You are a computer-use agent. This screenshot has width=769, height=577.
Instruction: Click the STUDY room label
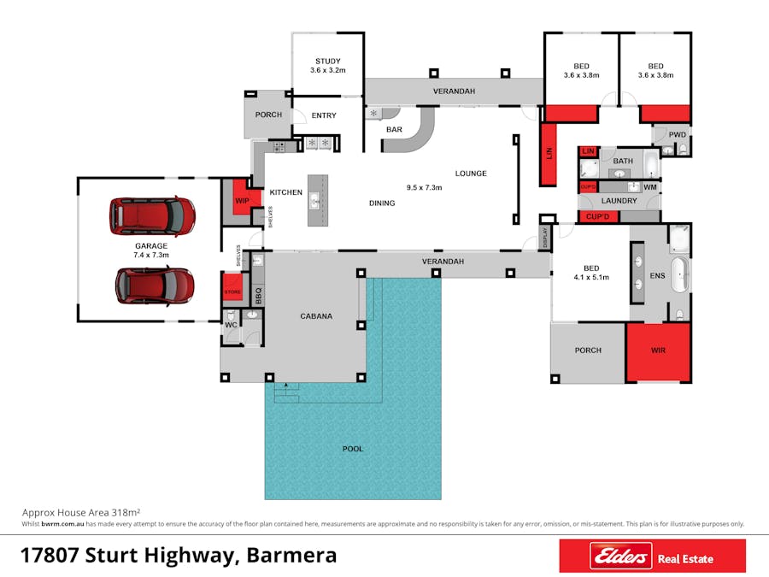coord(327,62)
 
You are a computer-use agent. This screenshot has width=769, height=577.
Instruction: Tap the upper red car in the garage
coord(152,216)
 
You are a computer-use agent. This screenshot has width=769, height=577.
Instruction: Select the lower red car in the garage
coord(155,286)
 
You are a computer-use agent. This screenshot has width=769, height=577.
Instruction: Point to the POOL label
coord(353,449)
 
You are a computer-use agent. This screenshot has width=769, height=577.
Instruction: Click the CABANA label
coord(316,316)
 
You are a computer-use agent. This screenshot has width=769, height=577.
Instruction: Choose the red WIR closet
coord(658,352)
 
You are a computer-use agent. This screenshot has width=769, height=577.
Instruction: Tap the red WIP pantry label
coord(243,201)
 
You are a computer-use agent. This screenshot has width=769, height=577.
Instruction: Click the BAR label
coord(394,130)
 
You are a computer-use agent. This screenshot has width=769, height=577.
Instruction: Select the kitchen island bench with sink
coord(318,201)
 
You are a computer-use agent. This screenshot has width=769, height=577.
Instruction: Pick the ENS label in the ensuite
coord(657,276)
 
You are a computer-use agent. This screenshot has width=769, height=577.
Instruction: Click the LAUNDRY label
coord(619,201)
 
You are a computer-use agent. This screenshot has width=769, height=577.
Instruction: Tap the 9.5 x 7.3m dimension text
coord(424,187)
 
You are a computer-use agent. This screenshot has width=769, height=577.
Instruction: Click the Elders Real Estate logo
coord(652,556)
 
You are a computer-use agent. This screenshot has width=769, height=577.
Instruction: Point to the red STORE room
coord(232,286)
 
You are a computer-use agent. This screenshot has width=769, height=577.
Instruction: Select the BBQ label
coord(258,296)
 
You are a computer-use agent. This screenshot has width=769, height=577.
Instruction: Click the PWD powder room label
coord(678,134)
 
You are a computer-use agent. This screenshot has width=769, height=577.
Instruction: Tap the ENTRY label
coord(324,115)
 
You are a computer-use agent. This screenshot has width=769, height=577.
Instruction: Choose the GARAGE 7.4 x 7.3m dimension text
coord(151,255)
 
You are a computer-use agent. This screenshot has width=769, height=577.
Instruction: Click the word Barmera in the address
coord(291,556)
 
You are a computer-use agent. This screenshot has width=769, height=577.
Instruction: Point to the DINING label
coord(382,203)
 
